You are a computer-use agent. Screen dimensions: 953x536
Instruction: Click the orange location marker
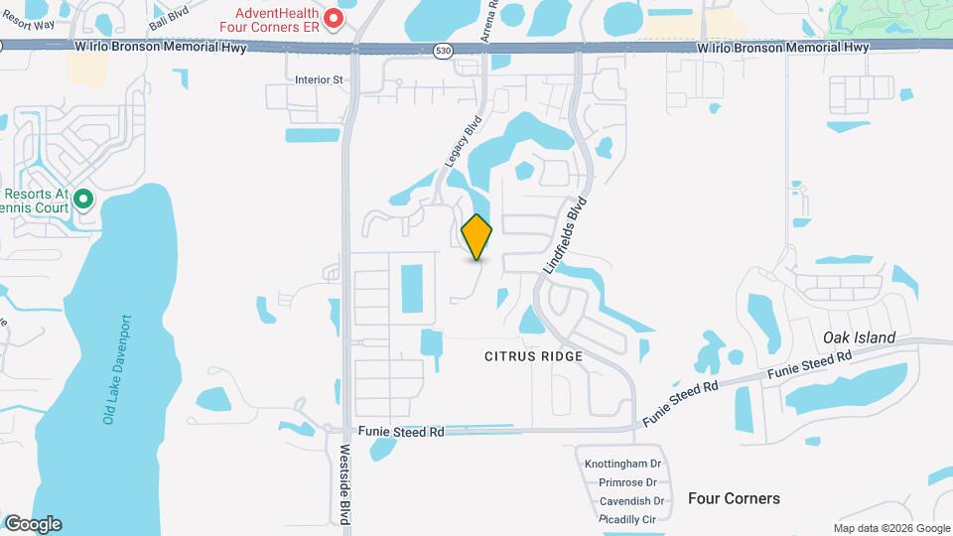(x=476, y=236)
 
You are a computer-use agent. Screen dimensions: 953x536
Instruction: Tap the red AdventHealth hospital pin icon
(x=335, y=19)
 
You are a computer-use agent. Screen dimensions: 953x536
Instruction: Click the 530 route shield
(x=442, y=49)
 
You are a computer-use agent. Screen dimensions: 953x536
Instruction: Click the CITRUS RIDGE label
(x=533, y=355)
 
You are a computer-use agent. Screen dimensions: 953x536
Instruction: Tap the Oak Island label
(x=859, y=337)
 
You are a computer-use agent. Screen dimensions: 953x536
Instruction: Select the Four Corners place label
(x=734, y=498)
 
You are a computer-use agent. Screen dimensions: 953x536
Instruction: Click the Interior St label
(x=319, y=79)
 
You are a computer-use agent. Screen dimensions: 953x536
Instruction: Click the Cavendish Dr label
(x=630, y=501)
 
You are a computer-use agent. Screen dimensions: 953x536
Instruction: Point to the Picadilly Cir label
(x=627, y=519)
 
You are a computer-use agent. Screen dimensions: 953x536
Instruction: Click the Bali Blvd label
(x=168, y=17)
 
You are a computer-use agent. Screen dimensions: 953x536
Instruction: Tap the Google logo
(x=33, y=523)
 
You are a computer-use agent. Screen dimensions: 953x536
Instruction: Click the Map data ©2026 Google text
(x=890, y=528)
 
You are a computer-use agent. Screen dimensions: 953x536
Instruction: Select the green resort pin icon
(x=84, y=201)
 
